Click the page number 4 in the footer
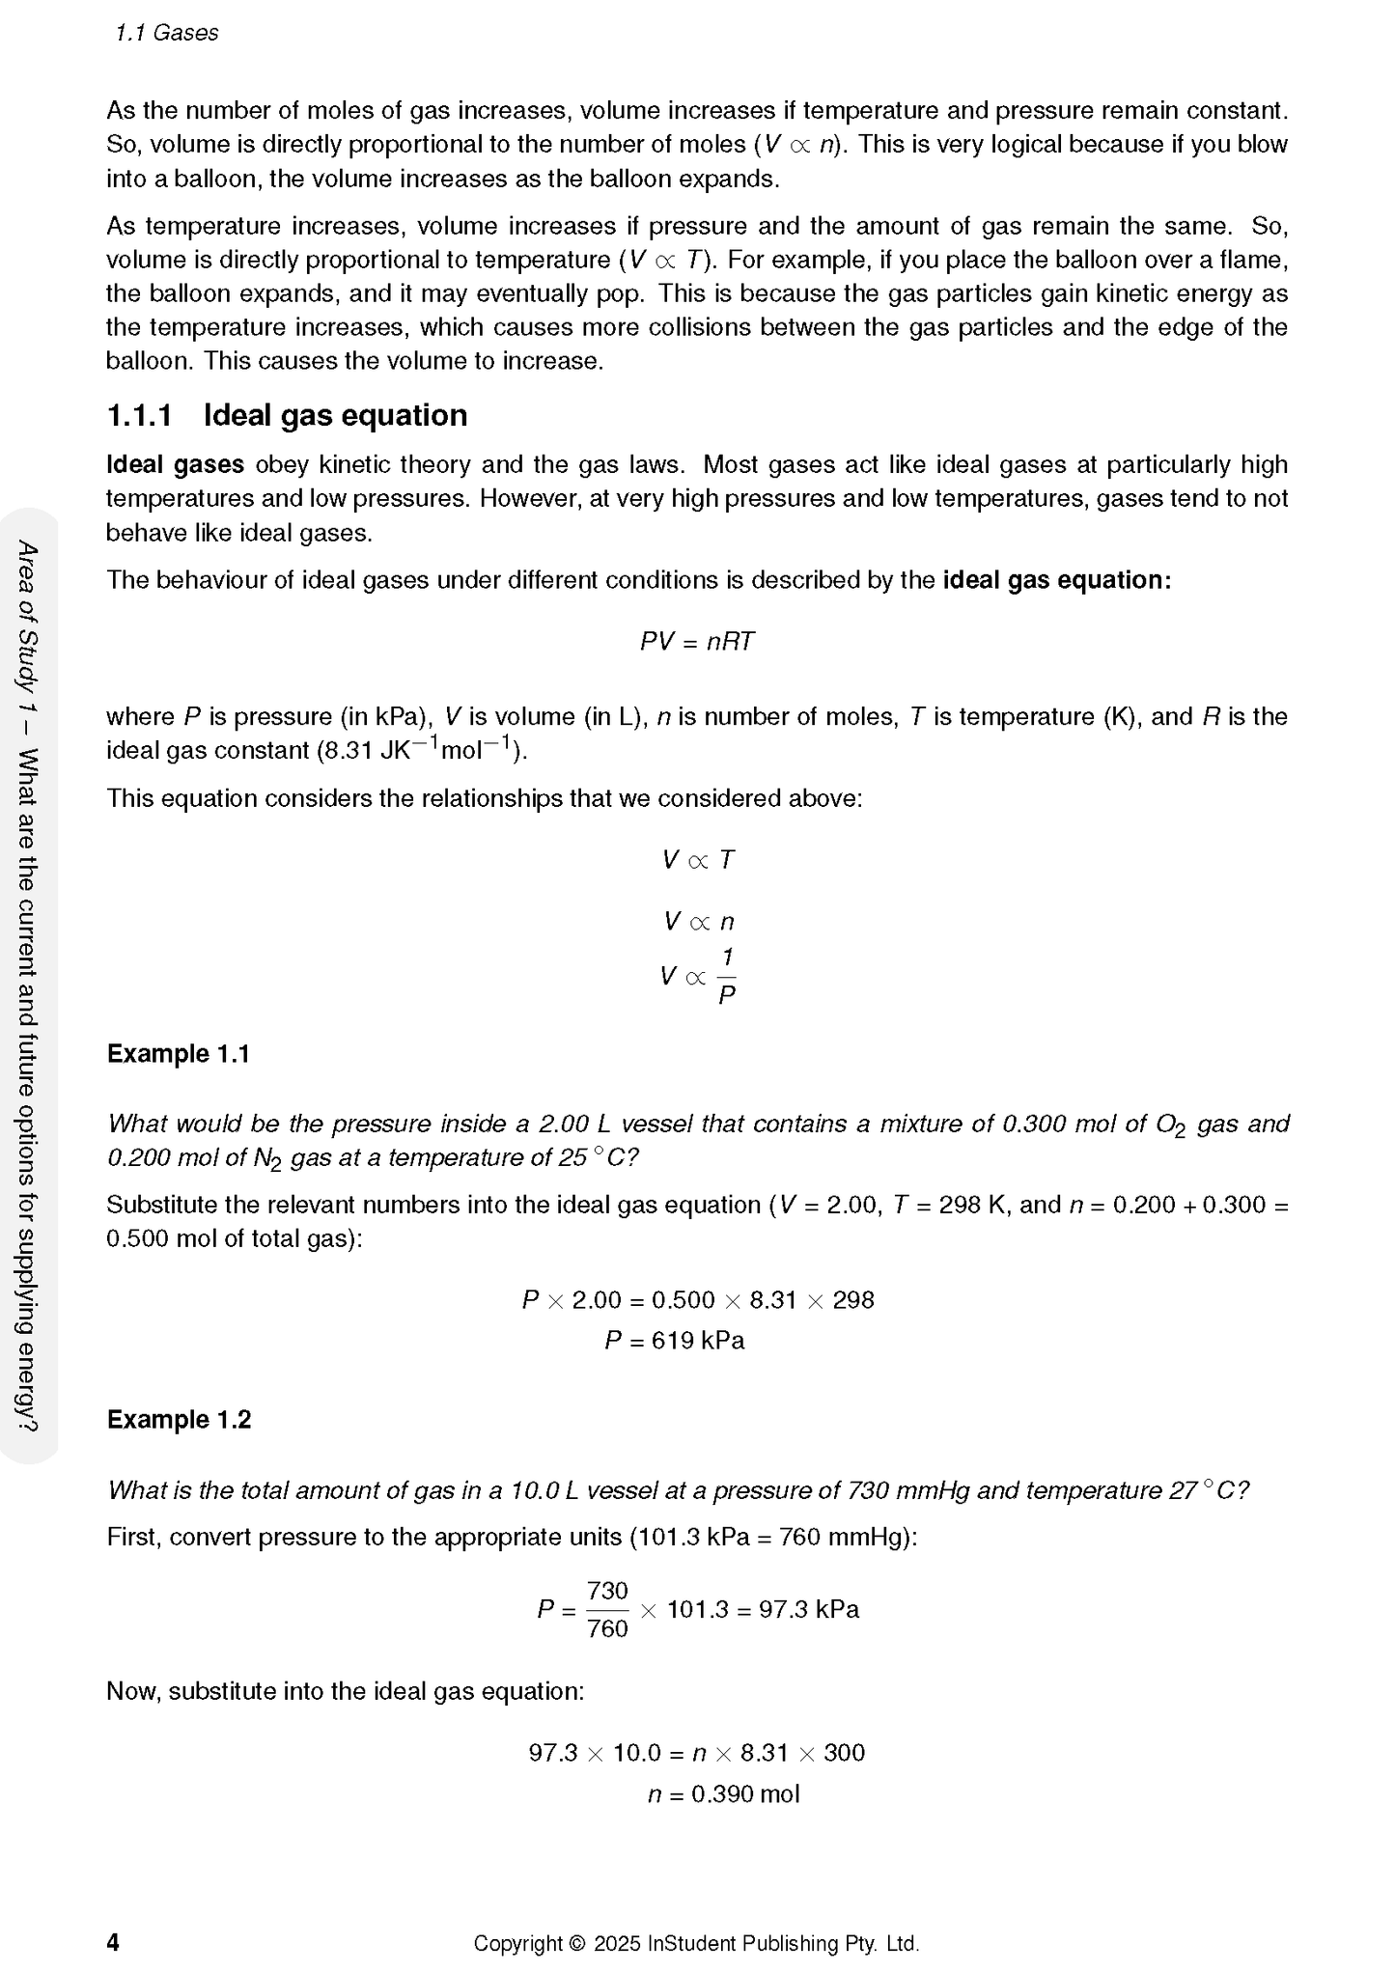tap(113, 1942)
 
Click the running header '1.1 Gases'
tap(166, 33)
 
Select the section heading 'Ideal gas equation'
tap(335, 415)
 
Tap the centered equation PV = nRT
tap(697, 642)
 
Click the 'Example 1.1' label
tap(179, 1053)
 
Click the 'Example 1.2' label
tap(179, 1419)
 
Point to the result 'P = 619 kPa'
tap(674, 1341)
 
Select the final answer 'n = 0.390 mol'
tap(723, 1794)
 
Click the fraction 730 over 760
tap(607, 1609)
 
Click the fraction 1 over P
tap(727, 976)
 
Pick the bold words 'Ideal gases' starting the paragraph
tap(175, 464)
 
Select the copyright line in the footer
tap(696, 1943)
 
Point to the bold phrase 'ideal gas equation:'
tap(1056, 580)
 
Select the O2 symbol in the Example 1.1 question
tap(1170, 1125)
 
